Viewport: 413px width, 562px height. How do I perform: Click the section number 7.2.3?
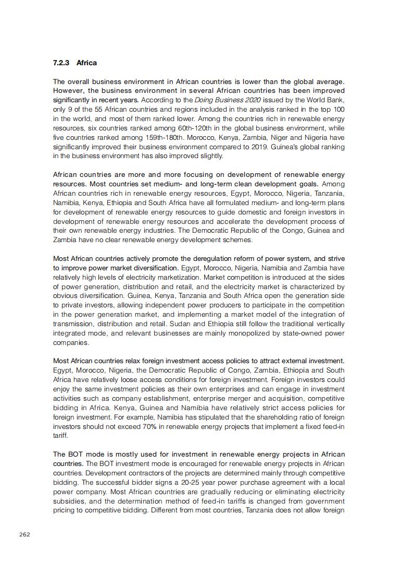click(x=61, y=63)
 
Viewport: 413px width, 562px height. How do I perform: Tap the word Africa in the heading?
click(x=86, y=63)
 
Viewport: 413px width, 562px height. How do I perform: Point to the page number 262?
click(x=24, y=534)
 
